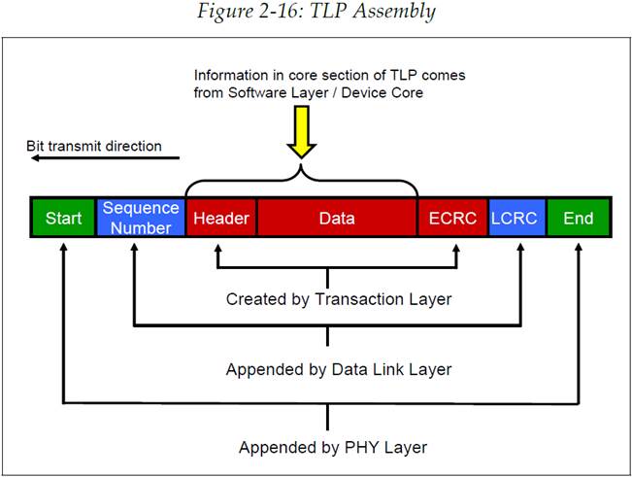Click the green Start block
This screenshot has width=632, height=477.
click(64, 219)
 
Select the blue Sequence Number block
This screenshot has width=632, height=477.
click(141, 219)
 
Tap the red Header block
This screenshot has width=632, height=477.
click(221, 219)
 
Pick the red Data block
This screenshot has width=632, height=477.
click(337, 219)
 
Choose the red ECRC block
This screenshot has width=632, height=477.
click(452, 219)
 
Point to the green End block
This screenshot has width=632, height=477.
click(579, 219)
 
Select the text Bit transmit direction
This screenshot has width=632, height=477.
click(94, 148)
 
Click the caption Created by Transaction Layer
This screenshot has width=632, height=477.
click(338, 299)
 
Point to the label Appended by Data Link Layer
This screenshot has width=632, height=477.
click(338, 370)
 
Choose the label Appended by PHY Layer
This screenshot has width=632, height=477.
click(333, 448)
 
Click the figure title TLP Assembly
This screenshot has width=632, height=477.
click(316, 13)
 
